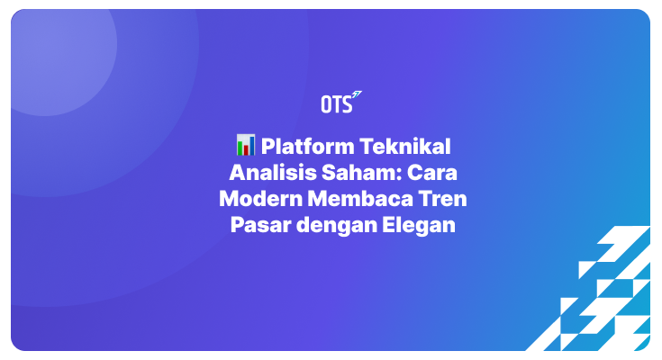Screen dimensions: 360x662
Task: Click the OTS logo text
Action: [x=335, y=104]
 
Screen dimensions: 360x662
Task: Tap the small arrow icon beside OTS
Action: [x=357, y=95]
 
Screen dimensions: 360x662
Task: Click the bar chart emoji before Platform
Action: [x=246, y=145]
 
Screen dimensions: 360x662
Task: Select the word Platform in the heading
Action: [x=305, y=145]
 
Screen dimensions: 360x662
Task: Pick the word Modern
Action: [x=256, y=199]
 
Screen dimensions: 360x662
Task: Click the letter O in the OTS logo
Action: [x=326, y=104]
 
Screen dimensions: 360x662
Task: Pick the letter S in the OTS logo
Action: [x=346, y=104]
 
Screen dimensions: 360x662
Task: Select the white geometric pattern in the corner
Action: [x=603, y=297]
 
